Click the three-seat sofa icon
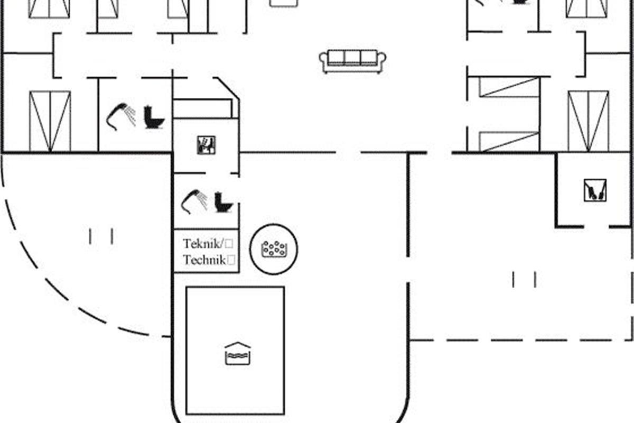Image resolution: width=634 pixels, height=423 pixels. pos(352,61)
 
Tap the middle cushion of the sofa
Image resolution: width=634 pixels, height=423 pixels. pos(352,58)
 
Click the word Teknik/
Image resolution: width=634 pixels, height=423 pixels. pos(204,244)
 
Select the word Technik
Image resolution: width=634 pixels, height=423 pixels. pos(204,260)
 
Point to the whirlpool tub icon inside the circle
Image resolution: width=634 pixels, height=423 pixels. pos(274,249)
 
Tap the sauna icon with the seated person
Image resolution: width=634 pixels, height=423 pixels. pos(207,145)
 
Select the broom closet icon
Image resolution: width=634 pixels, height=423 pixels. pos(595,190)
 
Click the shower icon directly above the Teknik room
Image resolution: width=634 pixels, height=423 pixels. pos(194,201)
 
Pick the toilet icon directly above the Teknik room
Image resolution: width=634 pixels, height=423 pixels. pos(223,202)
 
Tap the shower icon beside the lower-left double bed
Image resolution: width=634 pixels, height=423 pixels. pos(121,116)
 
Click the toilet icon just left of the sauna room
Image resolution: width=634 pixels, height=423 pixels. pos(154,117)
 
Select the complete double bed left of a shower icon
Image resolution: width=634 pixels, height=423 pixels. pos(50,121)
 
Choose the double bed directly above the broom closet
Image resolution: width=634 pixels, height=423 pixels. pos(589,121)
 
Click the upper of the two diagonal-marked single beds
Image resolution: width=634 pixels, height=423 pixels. pos(509,87)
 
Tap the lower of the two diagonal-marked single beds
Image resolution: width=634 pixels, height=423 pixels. pos(509,142)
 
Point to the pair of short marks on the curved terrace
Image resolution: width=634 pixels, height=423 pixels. pos(101,236)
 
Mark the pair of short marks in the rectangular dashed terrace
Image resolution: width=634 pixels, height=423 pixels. pos(524,280)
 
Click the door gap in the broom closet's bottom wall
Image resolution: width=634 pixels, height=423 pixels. pos(596,227)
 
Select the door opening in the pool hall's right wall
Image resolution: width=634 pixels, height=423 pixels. pos(408,270)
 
